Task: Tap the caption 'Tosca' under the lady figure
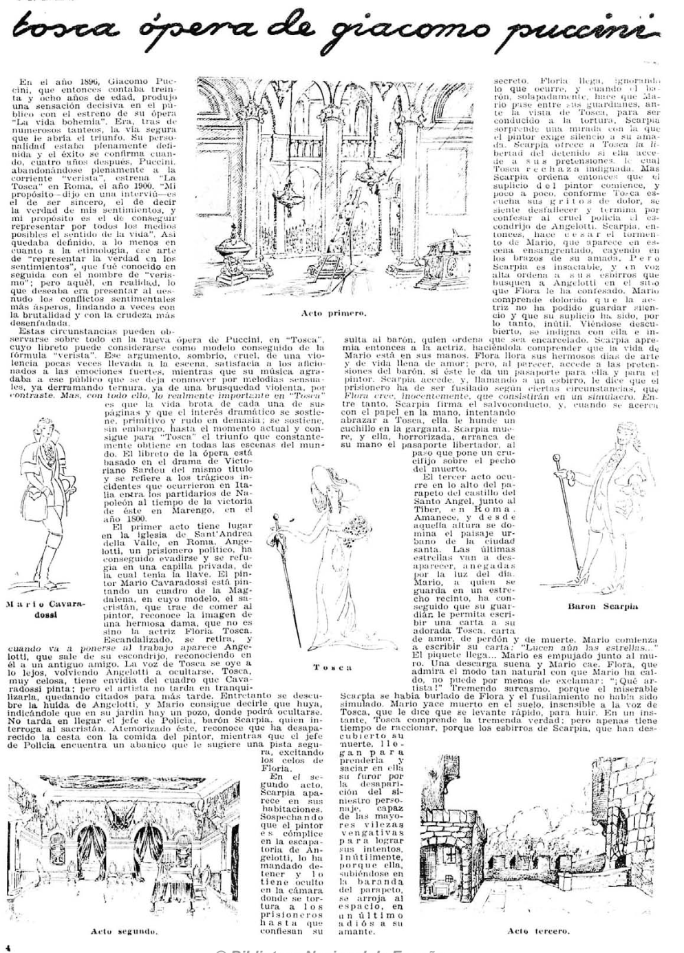pos(332,667)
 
